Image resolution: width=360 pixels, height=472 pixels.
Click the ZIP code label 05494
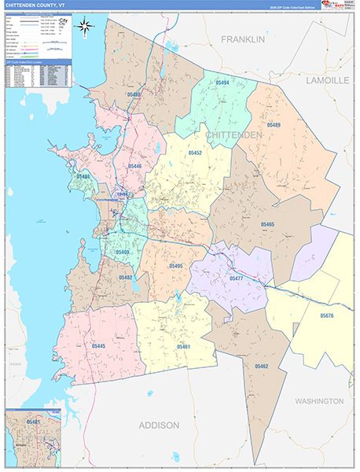coord(222,83)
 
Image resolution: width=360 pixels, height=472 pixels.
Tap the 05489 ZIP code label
coord(274,125)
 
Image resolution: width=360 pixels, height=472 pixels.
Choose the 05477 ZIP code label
coord(237,278)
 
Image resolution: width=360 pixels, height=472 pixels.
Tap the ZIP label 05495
coord(175,267)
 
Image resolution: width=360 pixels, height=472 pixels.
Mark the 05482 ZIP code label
coord(126,278)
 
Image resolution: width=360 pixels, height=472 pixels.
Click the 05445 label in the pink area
coord(99,345)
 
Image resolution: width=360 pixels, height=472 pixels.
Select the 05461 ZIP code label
coord(184,346)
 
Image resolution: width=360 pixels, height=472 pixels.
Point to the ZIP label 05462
coord(262,366)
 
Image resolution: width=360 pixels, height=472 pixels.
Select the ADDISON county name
coord(160,425)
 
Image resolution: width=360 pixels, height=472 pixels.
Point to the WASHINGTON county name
coord(319,401)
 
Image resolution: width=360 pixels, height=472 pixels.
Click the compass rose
coord(85,27)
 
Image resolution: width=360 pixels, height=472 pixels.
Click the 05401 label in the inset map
coord(34,422)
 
